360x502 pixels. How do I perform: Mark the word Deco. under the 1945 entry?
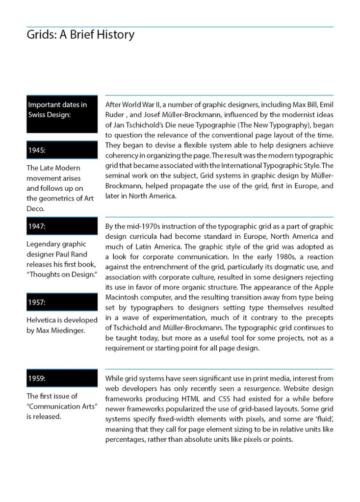[x=35, y=209]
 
